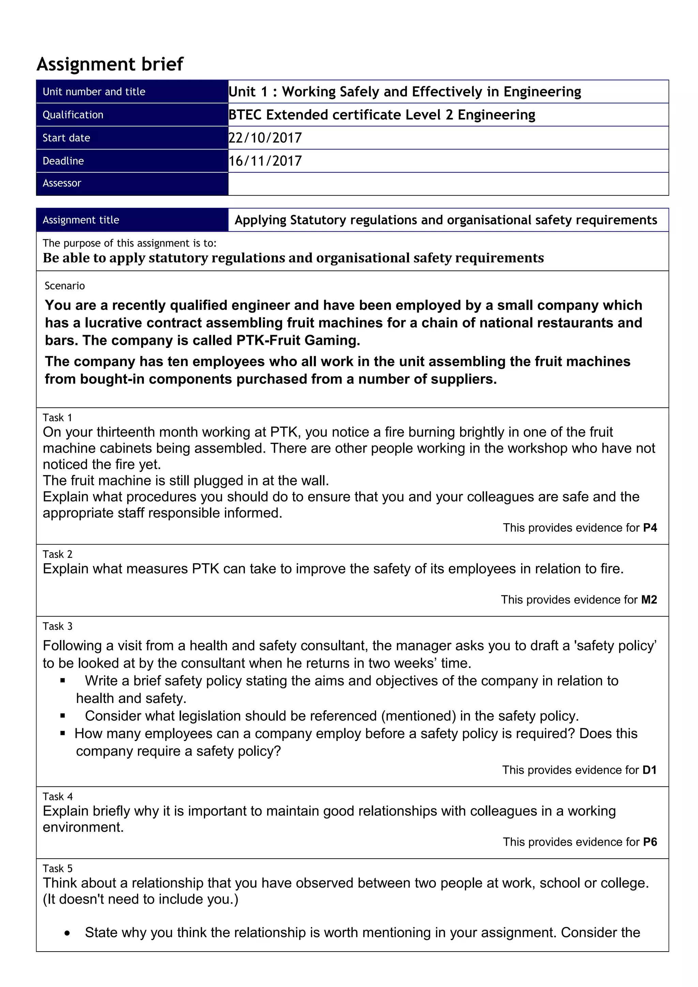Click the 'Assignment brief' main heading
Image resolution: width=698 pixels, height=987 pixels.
(x=110, y=64)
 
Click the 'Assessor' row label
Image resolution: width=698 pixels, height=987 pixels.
(x=62, y=183)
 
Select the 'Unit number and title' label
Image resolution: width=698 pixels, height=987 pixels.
(x=94, y=92)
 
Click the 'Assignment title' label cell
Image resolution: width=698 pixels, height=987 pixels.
(x=80, y=220)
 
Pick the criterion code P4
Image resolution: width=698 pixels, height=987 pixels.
(x=650, y=528)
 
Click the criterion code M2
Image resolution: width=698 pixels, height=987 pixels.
(x=649, y=600)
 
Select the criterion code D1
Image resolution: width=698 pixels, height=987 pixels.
(x=649, y=770)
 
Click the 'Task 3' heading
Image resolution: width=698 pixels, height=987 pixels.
(x=58, y=626)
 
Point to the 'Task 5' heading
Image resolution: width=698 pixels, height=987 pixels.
(x=58, y=868)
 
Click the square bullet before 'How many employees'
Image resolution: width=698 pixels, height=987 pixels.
(x=63, y=733)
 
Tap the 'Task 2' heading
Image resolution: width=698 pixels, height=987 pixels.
(x=58, y=554)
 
